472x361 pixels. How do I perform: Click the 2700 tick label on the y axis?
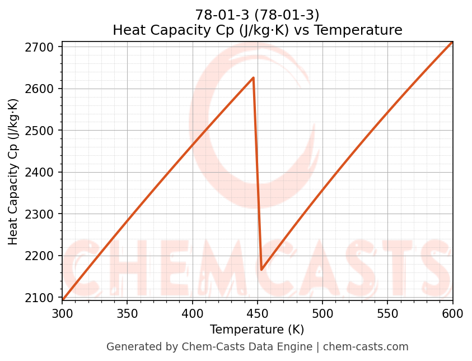(x=43, y=47)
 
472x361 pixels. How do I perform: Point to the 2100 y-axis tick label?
(x=43, y=298)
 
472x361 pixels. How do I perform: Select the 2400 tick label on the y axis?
(x=43, y=173)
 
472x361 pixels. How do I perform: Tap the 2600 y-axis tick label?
(x=43, y=89)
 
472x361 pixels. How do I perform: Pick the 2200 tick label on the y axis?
(x=43, y=256)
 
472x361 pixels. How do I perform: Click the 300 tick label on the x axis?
(x=62, y=313)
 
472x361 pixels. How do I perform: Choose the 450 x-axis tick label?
(x=258, y=313)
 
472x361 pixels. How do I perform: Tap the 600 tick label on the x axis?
(x=452, y=313)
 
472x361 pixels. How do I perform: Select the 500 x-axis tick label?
(x=323, y=313)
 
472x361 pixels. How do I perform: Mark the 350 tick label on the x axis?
(x=127, y=313)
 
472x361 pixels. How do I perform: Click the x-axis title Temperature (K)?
(x=257, y=330)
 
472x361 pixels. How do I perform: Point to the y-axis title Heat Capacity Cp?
(x=13, y=172)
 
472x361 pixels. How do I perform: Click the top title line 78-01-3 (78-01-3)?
(x=257, y=15)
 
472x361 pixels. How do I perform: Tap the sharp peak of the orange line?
(x=253, y=78)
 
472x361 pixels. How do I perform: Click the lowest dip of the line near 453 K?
(x=261, y=270)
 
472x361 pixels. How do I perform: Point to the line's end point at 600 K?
(x=452, y=42)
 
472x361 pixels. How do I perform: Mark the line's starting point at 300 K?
(x=63, y=300)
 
